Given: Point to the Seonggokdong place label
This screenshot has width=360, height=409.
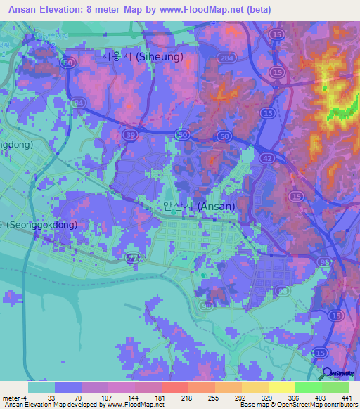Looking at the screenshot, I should point(41,226).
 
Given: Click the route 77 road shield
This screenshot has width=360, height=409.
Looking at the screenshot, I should point(131,259).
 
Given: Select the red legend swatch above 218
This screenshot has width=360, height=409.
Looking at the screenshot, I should point(174,387).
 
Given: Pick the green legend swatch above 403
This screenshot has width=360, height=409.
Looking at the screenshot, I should point(308,387).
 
